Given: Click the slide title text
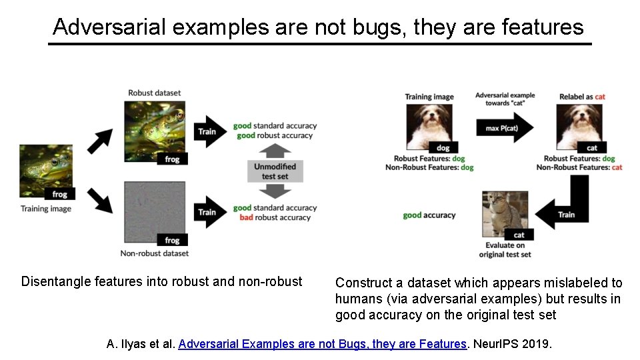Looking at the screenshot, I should [318, 27].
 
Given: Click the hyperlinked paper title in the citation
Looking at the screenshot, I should [322, 344].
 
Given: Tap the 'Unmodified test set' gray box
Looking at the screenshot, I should [275, 171].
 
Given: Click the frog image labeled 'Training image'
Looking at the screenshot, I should [46, 172].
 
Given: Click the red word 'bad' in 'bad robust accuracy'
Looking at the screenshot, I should [243, 217].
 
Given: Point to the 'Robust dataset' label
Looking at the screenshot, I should [154, 93].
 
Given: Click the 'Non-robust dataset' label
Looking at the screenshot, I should [154, 253].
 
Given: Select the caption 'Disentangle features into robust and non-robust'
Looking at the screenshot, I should [161, 281].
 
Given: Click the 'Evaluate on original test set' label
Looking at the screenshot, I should [505, 249].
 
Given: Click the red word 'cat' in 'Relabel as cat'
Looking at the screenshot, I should [600, 97].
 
